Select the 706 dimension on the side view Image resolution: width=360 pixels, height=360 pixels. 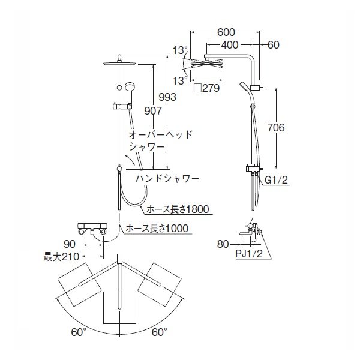click(287, 128)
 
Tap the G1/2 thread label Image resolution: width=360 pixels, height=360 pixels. click(276, 179)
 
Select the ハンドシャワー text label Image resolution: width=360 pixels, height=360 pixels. click(166, 178)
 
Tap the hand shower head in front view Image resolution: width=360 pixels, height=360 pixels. click(129, 88)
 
